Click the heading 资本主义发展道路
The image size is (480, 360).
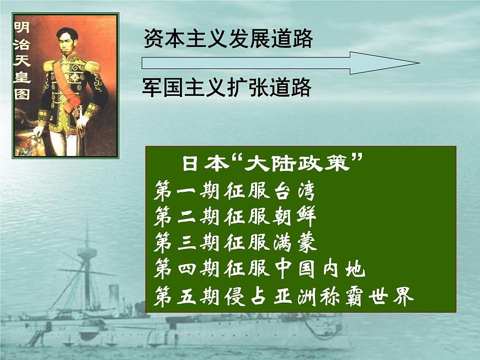click(x=228, y=39)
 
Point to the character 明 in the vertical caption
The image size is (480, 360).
click(x=22, y=26)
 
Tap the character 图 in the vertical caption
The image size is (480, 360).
click(x=22, y=94)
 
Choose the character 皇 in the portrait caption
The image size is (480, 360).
click(x=22, y=77)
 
